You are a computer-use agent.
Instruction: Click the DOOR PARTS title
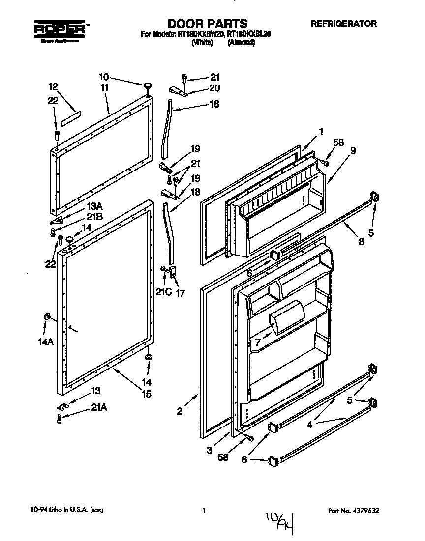[x=207, y=24]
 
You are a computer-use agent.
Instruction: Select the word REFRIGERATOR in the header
[x=343, y=23]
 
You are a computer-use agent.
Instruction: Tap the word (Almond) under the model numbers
[x=241, y=43]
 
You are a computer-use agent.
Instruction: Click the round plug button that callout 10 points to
[x=147, y=87]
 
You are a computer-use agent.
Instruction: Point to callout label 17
[x=180, y=294]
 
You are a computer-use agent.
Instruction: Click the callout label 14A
[x=46, y=342]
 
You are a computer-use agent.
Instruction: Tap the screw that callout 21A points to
[x=59, y=419]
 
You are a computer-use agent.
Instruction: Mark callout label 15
[x=147, y=394]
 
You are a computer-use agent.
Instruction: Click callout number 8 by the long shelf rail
[x=362, y=241]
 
